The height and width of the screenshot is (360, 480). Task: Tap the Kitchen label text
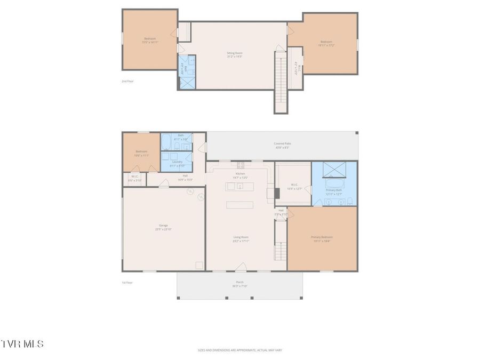241,175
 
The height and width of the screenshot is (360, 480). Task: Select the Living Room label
241,239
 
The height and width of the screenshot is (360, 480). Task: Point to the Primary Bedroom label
322,238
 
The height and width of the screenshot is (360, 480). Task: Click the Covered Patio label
283,145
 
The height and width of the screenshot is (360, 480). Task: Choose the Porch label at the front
239,284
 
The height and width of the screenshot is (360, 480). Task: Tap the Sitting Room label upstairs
235,54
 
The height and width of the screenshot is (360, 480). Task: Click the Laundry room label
177,163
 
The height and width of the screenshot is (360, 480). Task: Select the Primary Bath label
334,192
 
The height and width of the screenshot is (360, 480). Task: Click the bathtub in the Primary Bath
334,184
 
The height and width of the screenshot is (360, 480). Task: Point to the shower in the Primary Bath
334,169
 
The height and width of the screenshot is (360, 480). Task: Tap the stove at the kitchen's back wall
241,165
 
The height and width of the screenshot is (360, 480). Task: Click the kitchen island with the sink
239,186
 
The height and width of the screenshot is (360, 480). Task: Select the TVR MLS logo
22,344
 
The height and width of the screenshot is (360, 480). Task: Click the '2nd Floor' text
127,82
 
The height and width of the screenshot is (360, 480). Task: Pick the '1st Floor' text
127,283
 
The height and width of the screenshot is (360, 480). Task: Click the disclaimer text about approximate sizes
239,350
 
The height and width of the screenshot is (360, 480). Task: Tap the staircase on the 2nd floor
281,80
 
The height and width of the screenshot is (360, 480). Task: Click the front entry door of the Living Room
241,267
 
